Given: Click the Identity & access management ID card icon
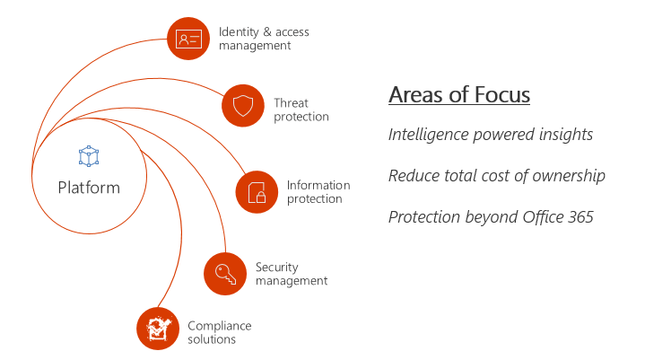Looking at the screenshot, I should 188,39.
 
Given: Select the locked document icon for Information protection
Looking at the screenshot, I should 257,192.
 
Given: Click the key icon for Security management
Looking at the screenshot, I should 225,274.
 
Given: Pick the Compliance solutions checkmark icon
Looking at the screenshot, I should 158,329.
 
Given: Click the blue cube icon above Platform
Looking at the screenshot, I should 89,157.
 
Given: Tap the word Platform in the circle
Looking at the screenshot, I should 89,187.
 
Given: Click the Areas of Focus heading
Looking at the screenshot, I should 458,94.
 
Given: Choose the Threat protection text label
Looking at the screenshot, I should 301,110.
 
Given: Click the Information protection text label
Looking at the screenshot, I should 318,192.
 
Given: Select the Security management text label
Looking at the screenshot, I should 292,274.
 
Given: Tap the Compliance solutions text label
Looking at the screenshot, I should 220,332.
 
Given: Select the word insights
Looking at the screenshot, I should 564,135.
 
